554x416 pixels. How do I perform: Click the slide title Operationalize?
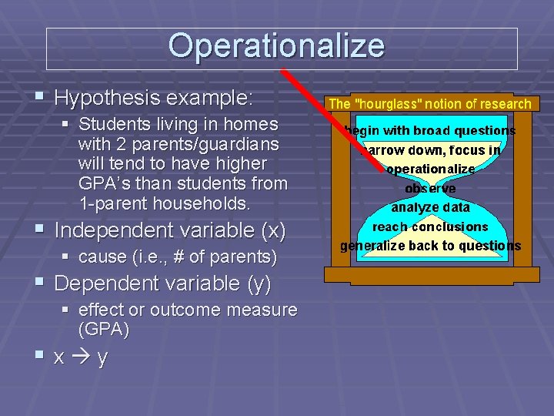pos(276,46)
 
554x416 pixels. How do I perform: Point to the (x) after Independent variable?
pos(272,230)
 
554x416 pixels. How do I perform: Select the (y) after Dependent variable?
pos(259,283)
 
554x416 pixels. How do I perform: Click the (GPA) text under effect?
pos(104,330)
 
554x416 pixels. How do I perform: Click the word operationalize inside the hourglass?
pos(430,169)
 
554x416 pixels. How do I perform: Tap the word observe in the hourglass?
pos(430,188)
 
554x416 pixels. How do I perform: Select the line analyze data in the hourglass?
pos(430,207)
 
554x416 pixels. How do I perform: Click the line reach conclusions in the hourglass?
pos(430,226)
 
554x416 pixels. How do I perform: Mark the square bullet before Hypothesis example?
pos(39,98)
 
